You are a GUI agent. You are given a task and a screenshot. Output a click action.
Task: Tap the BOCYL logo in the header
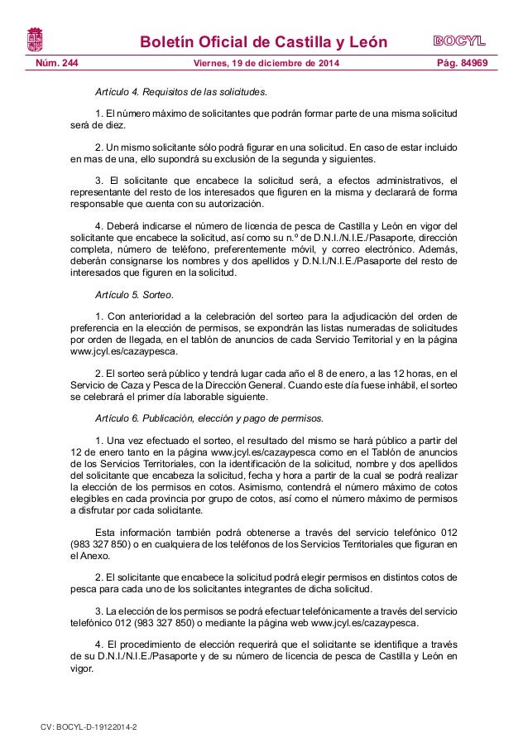click(458, 41)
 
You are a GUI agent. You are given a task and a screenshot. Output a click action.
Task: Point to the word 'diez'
click(114, 126)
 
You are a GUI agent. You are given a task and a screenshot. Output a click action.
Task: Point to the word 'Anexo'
click(86, 557)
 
